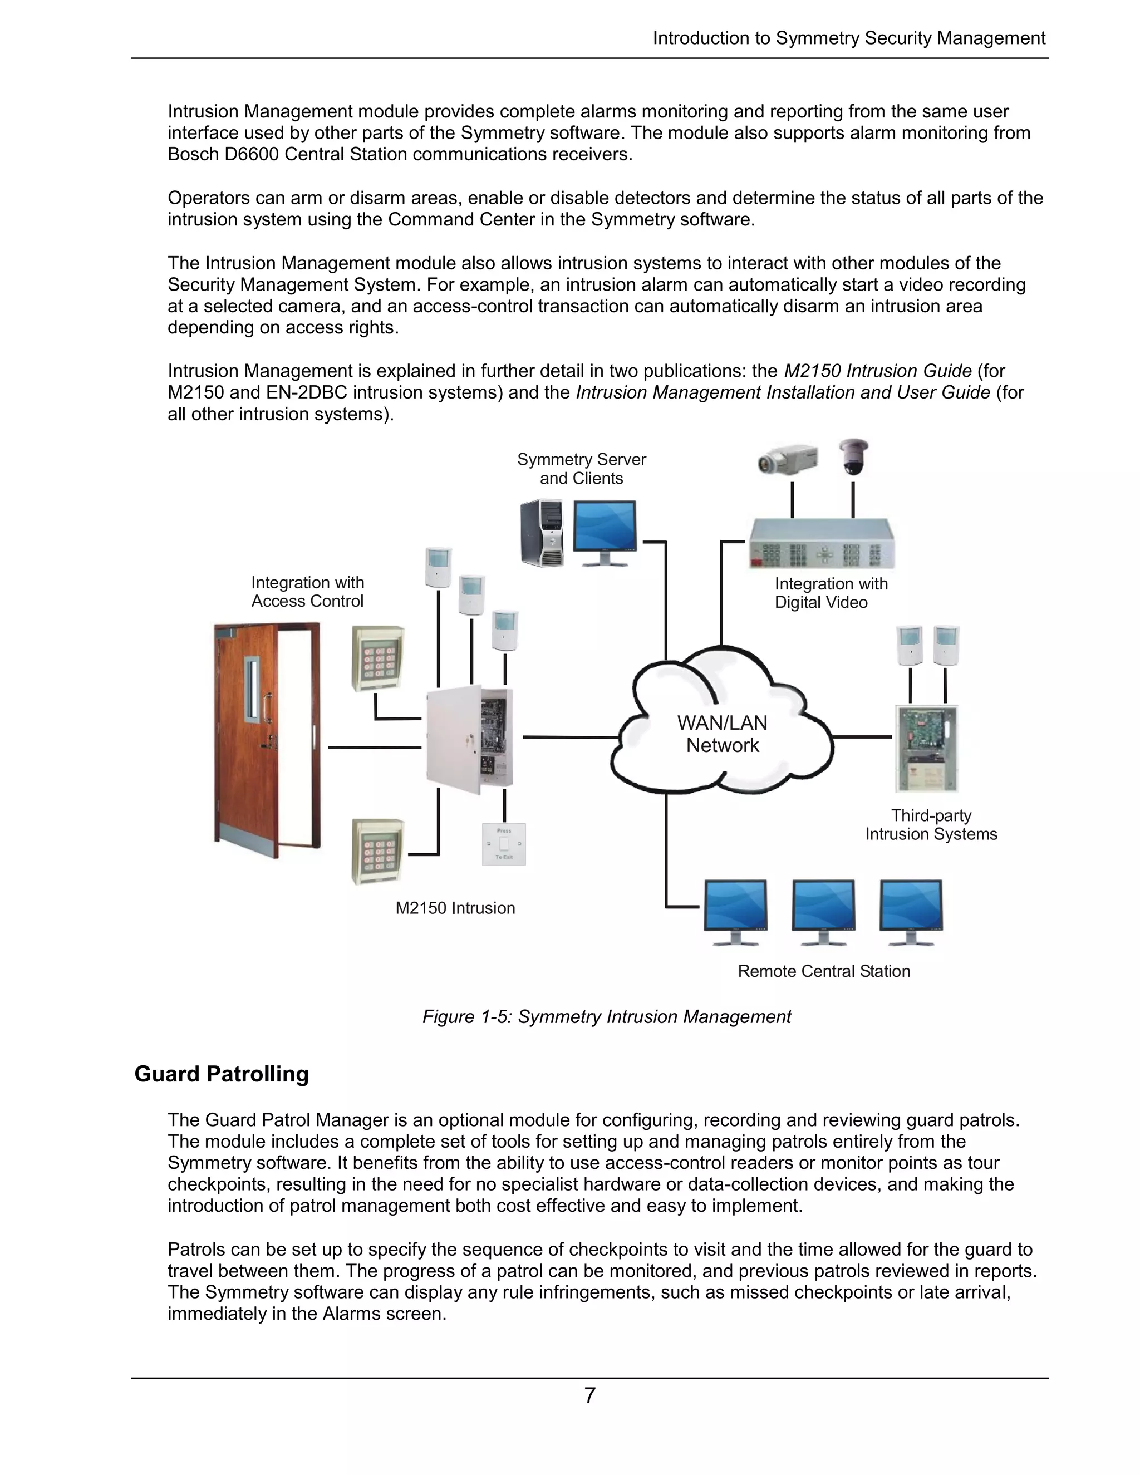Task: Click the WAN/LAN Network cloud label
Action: (x=722, y=734)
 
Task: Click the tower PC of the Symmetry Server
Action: (x=542, y=533)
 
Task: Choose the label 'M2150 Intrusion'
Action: (x=455, y=908)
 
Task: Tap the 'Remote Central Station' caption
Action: (x=823, y=971)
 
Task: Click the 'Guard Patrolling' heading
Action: (x=222, y=1074)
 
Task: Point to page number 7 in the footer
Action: (x=589, y=1395)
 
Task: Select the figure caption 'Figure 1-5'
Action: (x=607, y=1016)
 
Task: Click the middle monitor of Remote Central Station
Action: (x=823, y=911)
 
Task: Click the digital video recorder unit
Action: (x=821, y=544)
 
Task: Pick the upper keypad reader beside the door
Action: (x=378, y=658)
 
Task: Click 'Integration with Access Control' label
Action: (x=307, y=592)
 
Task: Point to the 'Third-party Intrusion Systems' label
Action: (x=931, y=825)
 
